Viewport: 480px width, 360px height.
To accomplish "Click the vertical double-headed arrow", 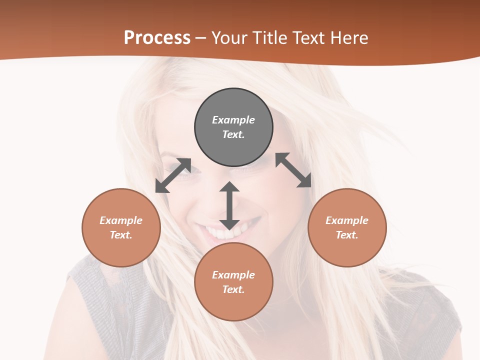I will click(x=229, y=205).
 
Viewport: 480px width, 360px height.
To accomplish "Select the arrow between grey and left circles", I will click(x=173, y=175).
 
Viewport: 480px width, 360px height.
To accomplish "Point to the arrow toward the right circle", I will click(x=293, y=170).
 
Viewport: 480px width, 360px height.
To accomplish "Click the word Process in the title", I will click(x=157, y=37).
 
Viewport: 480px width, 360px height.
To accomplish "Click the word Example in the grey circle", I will click(x=233, y=120).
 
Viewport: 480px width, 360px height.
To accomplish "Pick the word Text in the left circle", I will click(x=121, y=235).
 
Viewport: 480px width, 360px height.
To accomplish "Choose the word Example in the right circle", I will click(x=347, y=220).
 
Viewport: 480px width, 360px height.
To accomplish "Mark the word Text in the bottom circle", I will click(x=233, y=289).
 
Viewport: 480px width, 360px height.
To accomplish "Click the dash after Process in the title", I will click(x=201, y=38).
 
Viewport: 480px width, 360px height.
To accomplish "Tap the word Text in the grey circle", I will click(x=233, y=134).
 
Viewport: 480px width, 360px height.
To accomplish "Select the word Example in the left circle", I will click(x=121, y=220).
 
